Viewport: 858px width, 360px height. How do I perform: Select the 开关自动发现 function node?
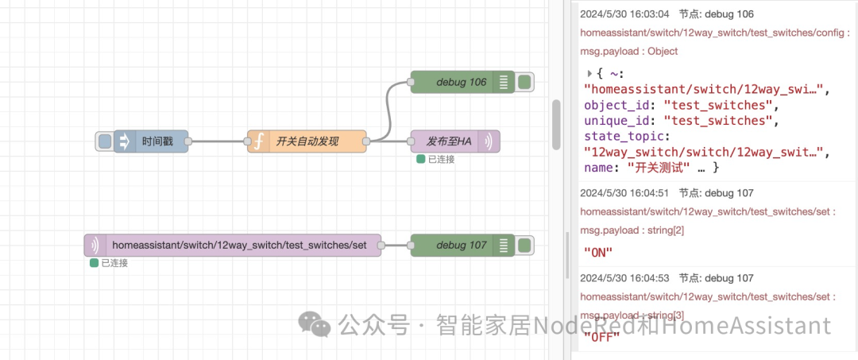pos(307,141)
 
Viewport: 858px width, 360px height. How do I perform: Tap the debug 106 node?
pos(461,83)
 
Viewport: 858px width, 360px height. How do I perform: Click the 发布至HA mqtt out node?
pos(449,141)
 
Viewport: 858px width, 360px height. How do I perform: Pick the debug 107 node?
pos(461,246)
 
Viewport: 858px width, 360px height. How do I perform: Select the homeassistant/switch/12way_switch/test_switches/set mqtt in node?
pos(238,246)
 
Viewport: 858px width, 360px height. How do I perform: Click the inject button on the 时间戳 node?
pos(105,141)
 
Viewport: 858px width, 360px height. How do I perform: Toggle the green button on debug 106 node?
pos(525,83)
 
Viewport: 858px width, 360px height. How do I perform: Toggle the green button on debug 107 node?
pos(525,246)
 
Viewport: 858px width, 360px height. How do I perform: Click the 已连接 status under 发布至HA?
pos(438,159)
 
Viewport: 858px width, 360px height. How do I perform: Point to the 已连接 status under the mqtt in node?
pos(111,263)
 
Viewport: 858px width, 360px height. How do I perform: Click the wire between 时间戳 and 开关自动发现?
pos(218,141)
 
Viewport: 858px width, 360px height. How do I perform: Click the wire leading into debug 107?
pos(396,246)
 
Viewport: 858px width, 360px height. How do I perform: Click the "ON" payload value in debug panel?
pos(597,252)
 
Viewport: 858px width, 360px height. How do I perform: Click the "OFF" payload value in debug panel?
pos(601,336)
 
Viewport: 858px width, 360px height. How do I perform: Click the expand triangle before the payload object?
pos(589,73)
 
